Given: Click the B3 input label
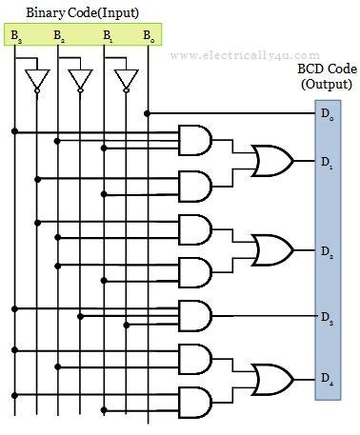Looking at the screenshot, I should point(16,36).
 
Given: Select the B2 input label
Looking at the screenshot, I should point(61,36).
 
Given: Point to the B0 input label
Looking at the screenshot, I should point(147,36).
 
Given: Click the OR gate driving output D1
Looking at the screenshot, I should point(270,161).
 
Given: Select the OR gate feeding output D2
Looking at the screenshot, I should point(270,249).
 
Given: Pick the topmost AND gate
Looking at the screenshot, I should point(195,140).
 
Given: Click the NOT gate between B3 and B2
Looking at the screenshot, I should point(37,79).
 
